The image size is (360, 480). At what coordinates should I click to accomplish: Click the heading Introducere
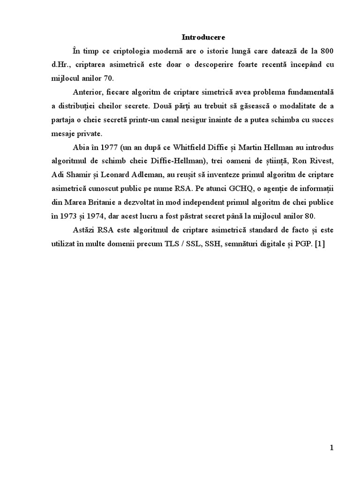[x=196, y=37]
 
